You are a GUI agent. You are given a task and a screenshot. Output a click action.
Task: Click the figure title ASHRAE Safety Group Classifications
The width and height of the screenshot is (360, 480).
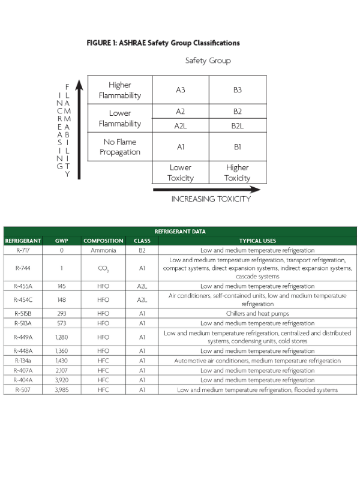point(163,43)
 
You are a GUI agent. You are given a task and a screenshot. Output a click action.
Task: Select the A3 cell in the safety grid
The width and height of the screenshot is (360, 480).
point(181,90)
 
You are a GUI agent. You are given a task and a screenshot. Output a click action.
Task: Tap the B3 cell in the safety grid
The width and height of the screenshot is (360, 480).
point(237,90)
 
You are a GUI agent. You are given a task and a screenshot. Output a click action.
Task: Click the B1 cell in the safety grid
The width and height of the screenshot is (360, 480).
point(237,146)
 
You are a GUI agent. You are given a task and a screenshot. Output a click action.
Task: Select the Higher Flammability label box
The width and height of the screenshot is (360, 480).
point(120,90)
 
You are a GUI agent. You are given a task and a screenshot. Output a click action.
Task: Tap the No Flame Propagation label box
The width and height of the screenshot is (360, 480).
point(120,147)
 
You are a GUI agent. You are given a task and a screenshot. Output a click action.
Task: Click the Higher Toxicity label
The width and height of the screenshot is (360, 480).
point(237,173)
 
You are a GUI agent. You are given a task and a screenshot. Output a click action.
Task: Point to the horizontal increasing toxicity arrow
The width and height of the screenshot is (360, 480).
point(206,190)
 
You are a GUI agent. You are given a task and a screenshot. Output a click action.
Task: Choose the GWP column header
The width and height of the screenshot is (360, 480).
point(62,241)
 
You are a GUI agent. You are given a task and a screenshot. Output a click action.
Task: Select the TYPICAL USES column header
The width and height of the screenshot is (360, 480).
point(257,241)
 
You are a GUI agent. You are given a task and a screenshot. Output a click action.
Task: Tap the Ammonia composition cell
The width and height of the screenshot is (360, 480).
point(103,250)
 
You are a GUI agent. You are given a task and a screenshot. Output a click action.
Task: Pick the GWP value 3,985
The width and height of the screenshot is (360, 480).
point(62,389)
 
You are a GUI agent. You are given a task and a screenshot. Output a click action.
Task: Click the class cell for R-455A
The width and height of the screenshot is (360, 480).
point(142,286)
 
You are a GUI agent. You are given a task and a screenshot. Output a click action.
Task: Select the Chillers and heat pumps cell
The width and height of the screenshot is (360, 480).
point(257,313)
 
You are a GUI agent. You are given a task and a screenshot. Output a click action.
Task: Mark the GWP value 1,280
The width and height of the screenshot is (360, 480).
point(62,337)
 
